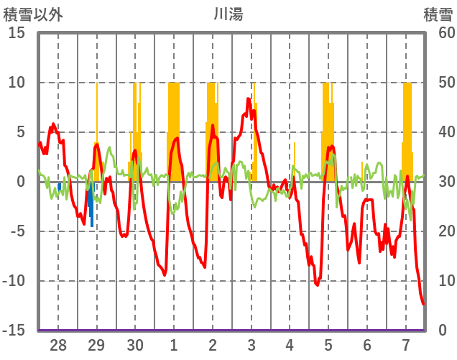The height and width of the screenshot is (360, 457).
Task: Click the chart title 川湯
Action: (x=228, y=14)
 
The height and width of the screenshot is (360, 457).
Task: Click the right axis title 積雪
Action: (x=438, y=14)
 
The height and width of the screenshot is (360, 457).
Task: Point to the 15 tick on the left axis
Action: (x=16, y=33)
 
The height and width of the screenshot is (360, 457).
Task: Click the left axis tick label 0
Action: (x=21, y=182)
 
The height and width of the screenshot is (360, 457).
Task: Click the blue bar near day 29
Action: (x=91, y=208)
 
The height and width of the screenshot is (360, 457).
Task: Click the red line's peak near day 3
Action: (x=249, y=99)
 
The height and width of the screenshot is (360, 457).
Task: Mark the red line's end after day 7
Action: (x=423, y=303)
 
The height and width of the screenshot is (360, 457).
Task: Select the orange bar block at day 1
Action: (x=174, y=129)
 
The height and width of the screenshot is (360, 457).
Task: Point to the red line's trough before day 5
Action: (x=317, y=285)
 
